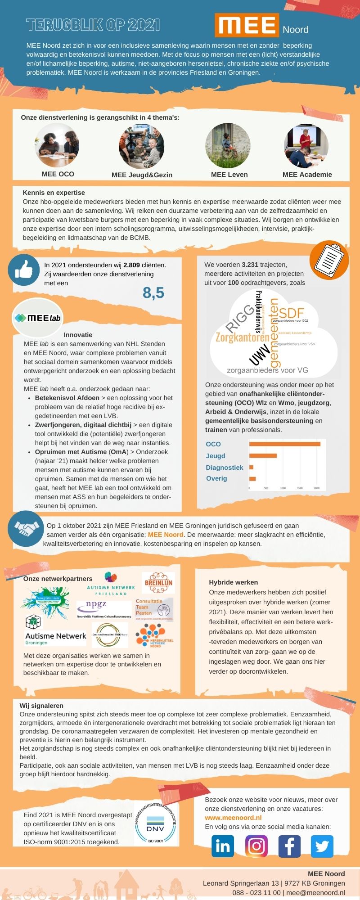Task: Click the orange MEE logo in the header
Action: click(x=247, y=25)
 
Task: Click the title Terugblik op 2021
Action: click(x=93, y=25)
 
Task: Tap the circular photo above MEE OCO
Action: click(x=57, y=145)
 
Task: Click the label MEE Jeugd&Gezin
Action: click(x=142, y=175)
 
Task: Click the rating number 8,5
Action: click(x=153, y=293)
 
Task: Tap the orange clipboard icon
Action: click(x=329, y=260)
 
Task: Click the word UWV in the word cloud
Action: click(x=260, y=355)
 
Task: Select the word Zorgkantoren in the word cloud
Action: click(x=242, y=337)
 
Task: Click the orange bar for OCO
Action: click(x=284, y=444)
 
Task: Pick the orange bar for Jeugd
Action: click(x=263, y=456)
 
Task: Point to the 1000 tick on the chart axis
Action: click(x=283, y=488)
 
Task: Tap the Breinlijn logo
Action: click(x=158, y=583)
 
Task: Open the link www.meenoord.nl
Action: click(x=233, y=818)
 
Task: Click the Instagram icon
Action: click(x=256, y=846)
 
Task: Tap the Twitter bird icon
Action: click(x=322, y=846)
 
